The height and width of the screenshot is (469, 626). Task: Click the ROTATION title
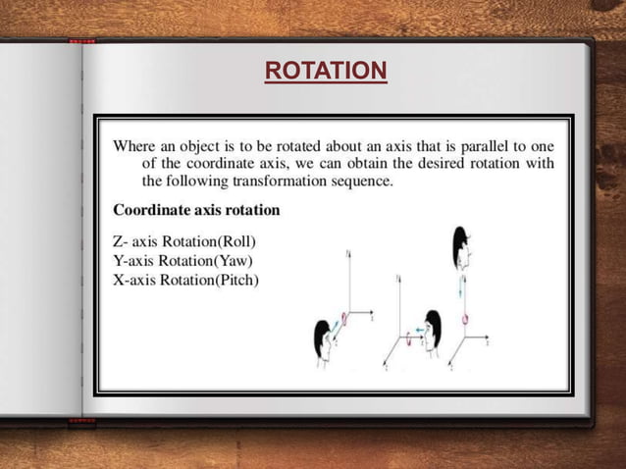[x=326, y=71]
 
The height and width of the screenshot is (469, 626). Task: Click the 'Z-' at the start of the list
[x=122, y=242]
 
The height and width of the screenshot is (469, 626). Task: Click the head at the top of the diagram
[x=462, y=249]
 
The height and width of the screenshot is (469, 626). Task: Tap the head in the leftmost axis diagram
[x=324, y=343]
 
